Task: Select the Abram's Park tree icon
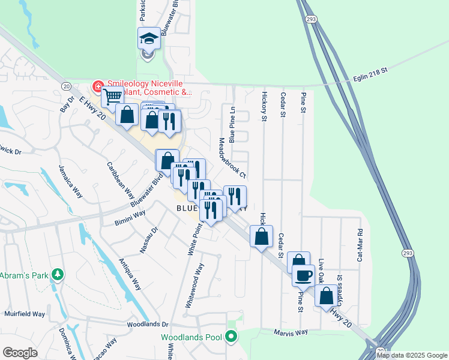[58, 274]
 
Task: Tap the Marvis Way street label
[291, 332]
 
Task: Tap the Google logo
[20, 353]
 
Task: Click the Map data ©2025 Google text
[412, 355]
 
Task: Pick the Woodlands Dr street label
[148, 325]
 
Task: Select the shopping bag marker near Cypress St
[326, 296]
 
